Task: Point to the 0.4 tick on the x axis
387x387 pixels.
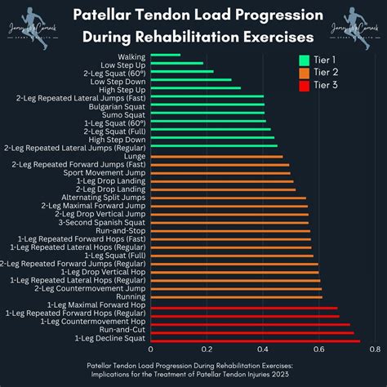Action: click(263, 350)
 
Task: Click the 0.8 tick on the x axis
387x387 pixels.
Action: click(374, 350)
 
